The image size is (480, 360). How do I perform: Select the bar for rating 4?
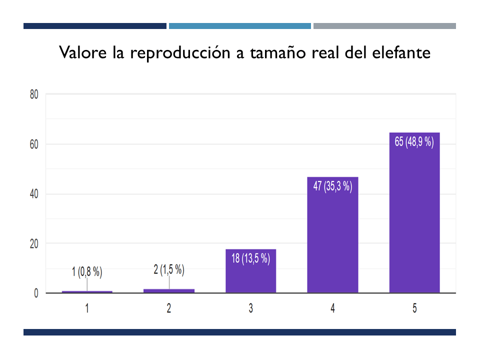point(332,235)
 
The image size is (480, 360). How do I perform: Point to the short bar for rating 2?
point(169,290)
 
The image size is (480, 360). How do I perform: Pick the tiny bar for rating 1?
point(87,291)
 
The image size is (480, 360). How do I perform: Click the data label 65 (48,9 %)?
point(414,141)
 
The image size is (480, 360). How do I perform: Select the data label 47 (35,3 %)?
point(332,186)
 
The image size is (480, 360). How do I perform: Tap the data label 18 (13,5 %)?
point(250,258)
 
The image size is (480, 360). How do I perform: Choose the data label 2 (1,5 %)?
point(169,270)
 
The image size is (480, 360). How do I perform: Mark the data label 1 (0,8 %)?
point(87,272)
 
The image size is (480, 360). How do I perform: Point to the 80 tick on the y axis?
point(34,94)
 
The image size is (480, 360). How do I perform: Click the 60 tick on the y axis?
point(34,144)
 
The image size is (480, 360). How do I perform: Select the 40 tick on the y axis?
point(34,194)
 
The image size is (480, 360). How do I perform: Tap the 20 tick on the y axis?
point(34,243)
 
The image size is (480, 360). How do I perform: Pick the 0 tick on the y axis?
point(36,293)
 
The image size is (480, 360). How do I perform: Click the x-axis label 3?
point(250,308)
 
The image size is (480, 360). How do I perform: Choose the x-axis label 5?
point(414,308)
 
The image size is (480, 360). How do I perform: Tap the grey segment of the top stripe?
point(384,26)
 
